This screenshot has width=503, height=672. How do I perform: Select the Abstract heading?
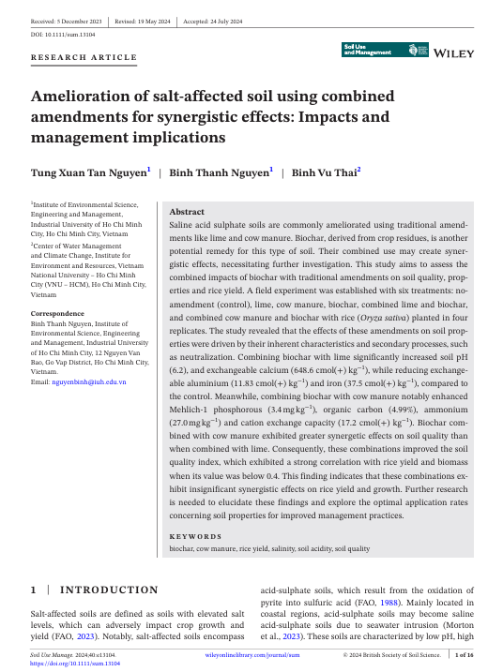pos(186,212)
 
